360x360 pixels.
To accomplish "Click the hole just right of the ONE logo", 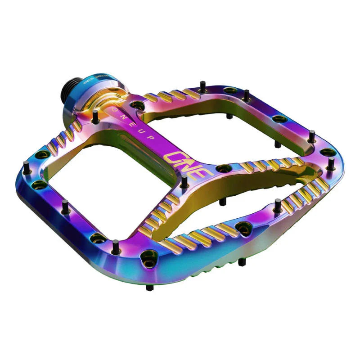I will tap(221, 169).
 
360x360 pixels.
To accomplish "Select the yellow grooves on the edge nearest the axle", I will tap(170, 95).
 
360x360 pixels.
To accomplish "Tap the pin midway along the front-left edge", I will tap(65, 206).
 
